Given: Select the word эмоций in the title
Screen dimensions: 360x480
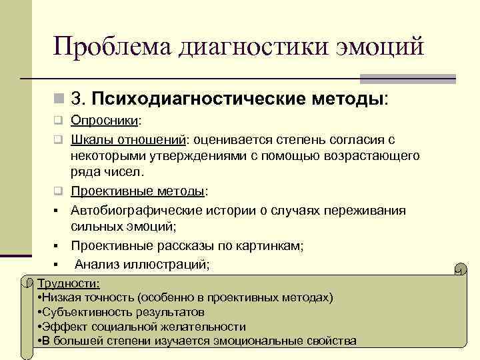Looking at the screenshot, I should point(387,47).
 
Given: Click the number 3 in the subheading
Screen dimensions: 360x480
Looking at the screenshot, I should point(76,100).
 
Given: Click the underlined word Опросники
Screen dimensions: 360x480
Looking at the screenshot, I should point(105,121).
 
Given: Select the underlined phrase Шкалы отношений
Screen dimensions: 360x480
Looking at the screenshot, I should point(129,139).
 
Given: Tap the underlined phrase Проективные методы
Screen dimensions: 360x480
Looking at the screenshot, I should point(138,191).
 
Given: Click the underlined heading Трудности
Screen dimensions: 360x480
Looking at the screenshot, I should point(69,283).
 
